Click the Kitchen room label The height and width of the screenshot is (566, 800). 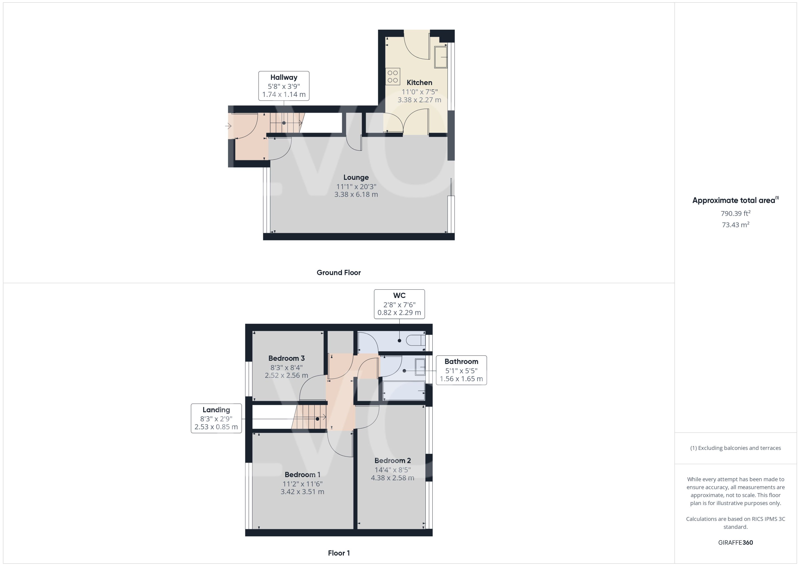pos(419,82)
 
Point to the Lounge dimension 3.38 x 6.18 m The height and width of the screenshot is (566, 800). pos(356,194)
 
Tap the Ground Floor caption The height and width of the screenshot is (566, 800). pos(339,273)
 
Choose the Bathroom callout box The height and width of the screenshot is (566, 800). pos(461,370)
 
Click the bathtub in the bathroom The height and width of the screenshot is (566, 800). pos(404,391)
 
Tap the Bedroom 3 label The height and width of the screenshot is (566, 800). pos(287,358)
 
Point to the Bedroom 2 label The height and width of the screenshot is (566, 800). pos(392,460)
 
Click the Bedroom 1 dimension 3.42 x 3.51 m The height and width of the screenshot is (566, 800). pos(302,492)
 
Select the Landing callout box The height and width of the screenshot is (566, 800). pos(216,418)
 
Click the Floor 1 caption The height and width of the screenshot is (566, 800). pos(339,553)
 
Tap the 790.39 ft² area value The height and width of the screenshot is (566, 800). pos(736,213)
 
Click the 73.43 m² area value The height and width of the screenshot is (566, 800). pos(736,225)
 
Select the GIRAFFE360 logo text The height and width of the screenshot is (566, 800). pos(736,543)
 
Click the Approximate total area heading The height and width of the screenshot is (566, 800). pos(735,200)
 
